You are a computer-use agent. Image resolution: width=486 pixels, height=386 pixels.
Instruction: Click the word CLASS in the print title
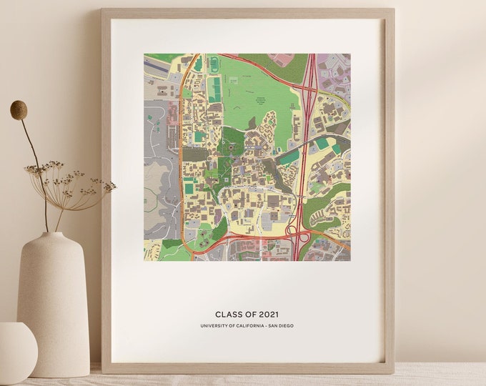pyautogui.click(x=229, y=314)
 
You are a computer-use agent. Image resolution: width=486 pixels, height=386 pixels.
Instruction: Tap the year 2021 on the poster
pyautogui.click(x=267, y=314)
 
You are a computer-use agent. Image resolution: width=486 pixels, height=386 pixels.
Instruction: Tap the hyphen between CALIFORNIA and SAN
pyautogui.click(x=266, y=326)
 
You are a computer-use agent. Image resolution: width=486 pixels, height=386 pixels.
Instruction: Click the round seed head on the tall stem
pyautogui.click(x=19, y=109)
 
